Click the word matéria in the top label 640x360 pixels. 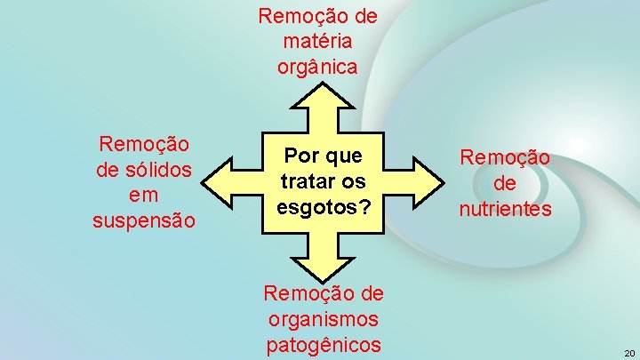coord(318,41)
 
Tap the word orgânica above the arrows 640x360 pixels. coord(318,67)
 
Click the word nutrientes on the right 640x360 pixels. coord(505,210)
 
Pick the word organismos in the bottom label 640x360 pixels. coord(321,319)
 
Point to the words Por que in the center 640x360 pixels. coord(323,156)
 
